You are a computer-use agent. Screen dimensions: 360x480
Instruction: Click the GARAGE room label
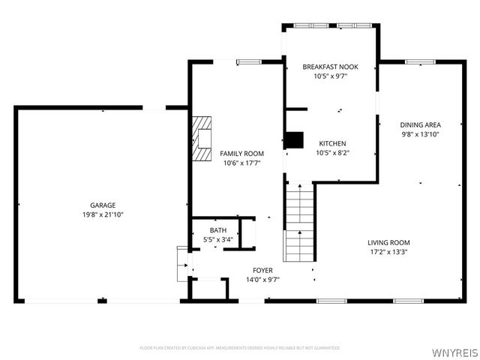(x=103, y=205)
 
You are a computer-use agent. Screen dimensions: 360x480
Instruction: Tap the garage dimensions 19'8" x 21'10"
(x=103, y=214)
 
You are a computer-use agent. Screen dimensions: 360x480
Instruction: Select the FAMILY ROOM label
(x=236, y=153)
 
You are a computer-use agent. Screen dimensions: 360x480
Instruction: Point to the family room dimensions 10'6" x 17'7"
(x=236, y=163)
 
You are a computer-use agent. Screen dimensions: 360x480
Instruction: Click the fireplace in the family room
(x=202, y=139)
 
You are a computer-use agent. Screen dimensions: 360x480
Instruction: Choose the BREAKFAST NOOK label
(x=330, y=67)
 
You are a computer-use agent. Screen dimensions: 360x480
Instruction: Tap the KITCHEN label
(x=332, y=143)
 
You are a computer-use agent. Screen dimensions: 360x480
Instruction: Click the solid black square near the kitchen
(x=294, y=140)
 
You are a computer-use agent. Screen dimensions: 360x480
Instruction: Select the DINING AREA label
(x=420, y=124)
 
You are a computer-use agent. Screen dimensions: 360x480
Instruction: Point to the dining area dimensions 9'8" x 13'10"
(x=420, y=134)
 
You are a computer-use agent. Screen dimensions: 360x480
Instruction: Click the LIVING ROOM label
(x=388, y=242)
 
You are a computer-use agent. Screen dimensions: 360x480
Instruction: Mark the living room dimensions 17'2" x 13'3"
(x=388, y=252)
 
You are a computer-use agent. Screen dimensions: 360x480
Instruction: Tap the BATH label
(x=217, y=230)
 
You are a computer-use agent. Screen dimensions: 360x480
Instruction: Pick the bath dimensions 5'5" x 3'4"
(x=217, y=240)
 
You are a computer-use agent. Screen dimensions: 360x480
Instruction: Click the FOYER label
(x=262, y=270)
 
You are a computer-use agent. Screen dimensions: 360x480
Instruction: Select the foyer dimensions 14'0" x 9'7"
(x=262, y=280)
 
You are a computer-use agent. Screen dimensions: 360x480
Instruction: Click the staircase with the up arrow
(x=299, y=221)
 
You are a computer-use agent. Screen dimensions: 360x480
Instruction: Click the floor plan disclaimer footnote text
(x=240, y=348)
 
